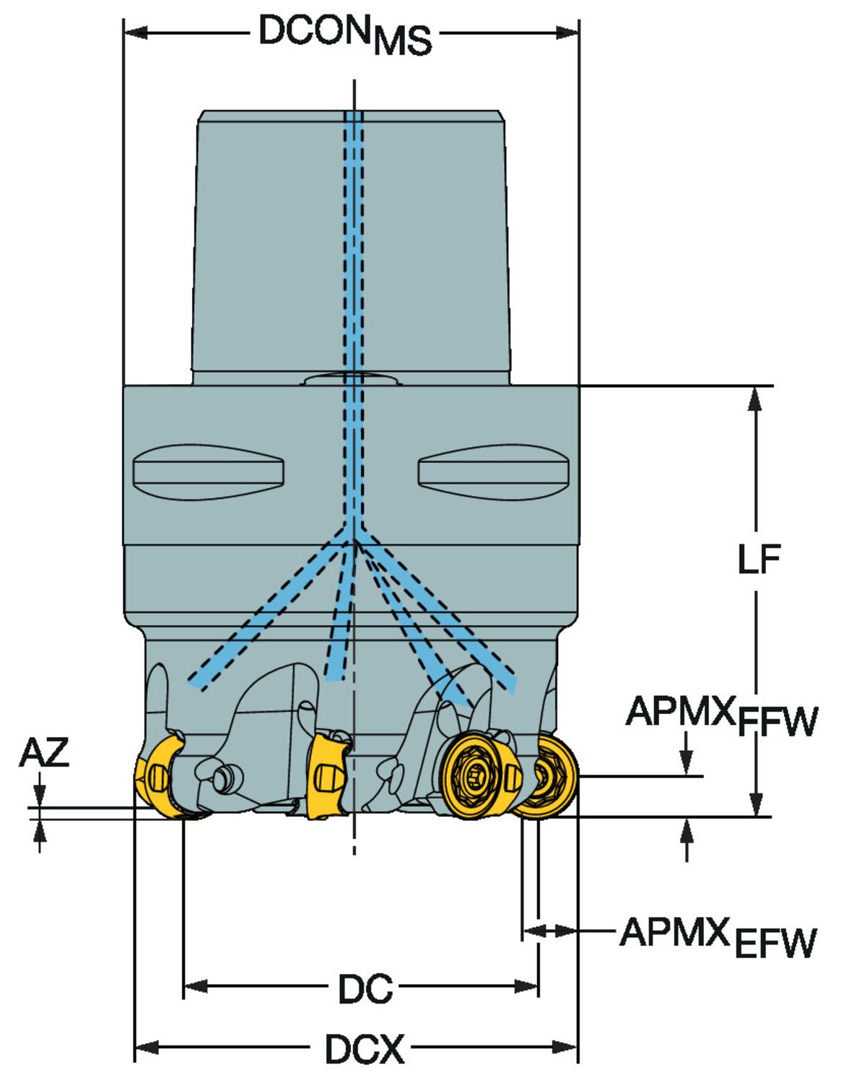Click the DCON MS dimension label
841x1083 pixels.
(345, 35)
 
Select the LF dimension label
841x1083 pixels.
(758, 560)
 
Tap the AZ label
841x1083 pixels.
(44, 754)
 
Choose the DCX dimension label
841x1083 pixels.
(365, 1048)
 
